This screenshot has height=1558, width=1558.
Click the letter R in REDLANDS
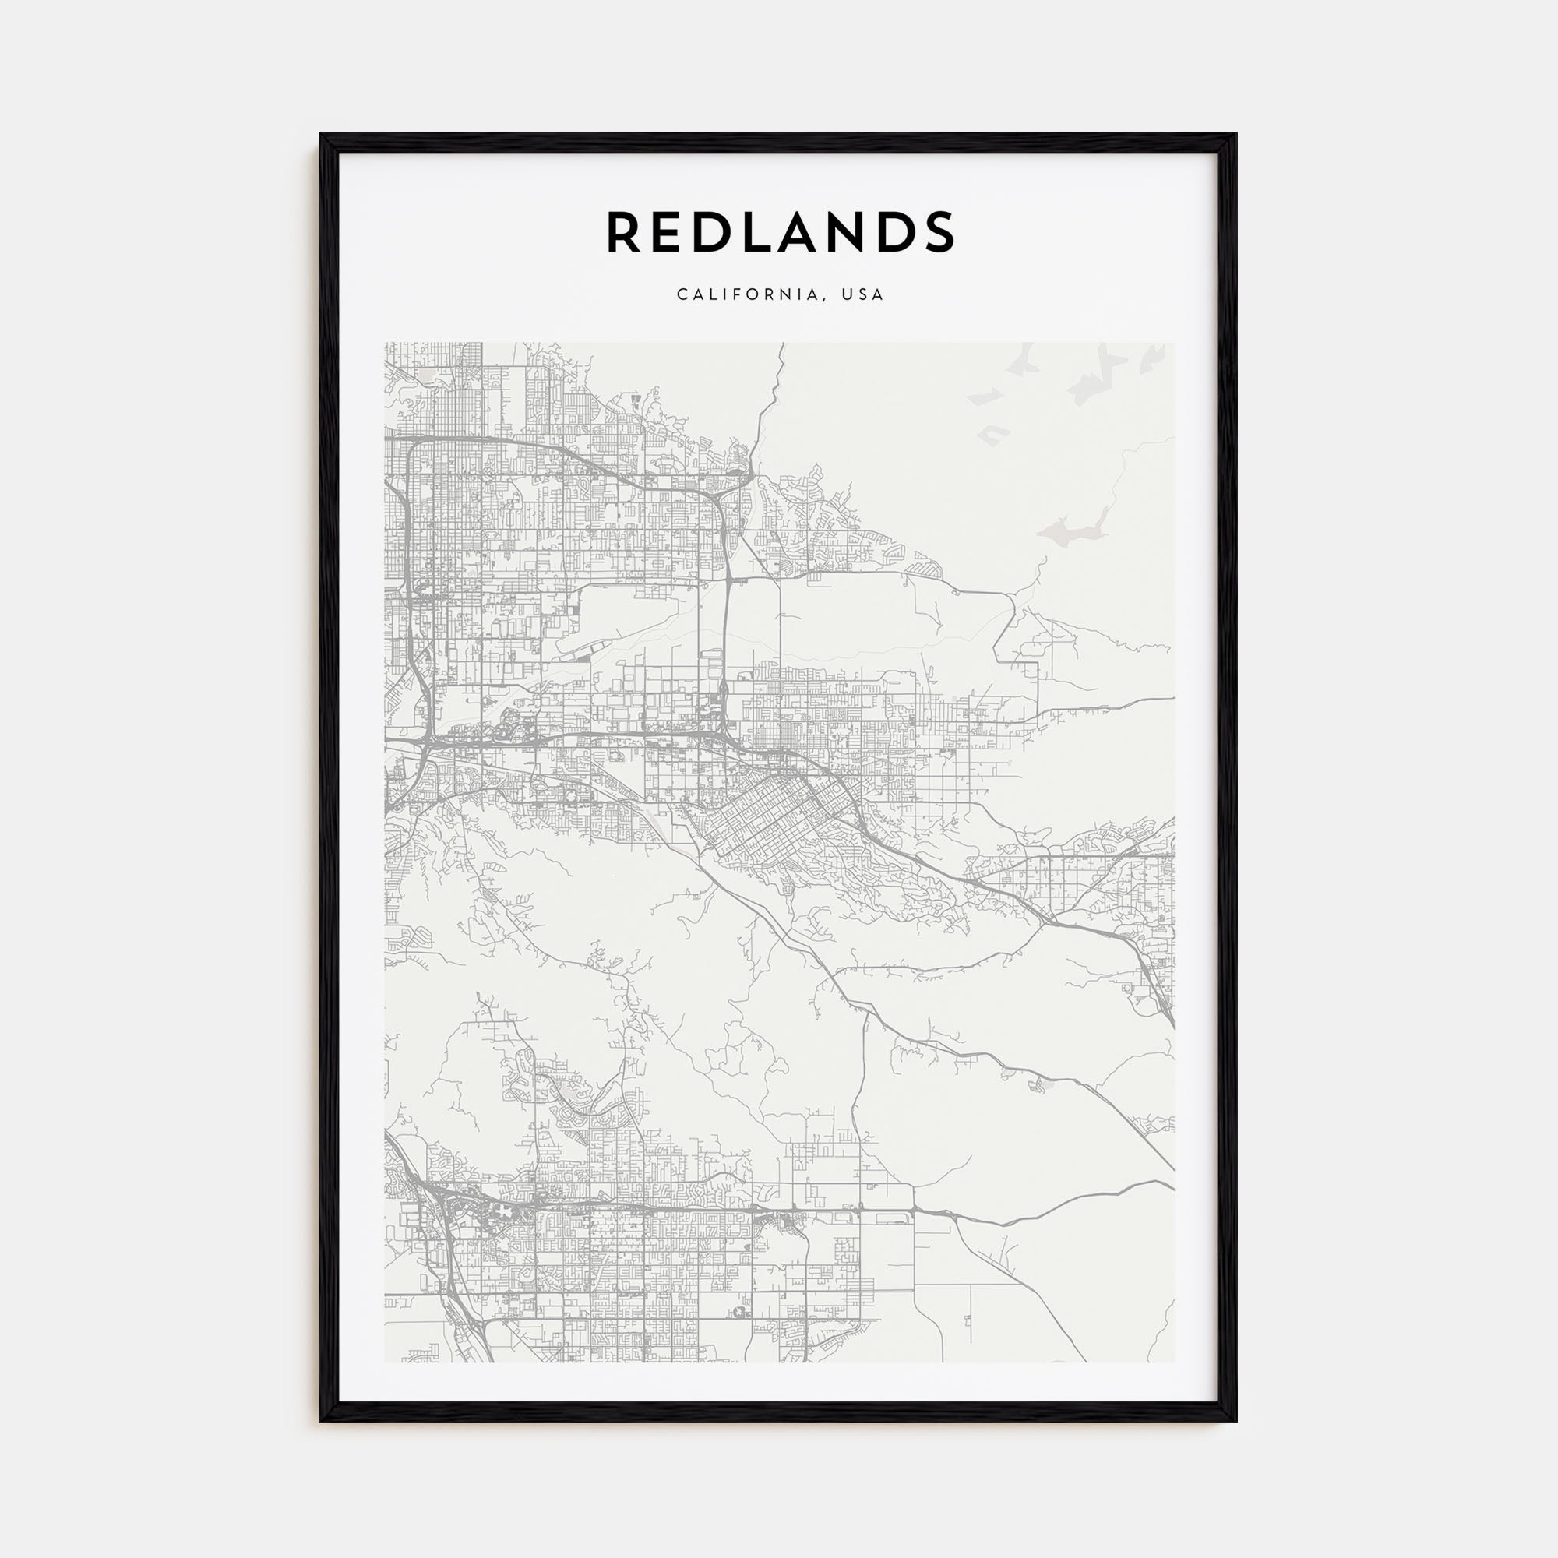pyautogui.click(x=624, y=232)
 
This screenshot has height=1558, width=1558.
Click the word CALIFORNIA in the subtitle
pyautogui.click(x=749, y=294)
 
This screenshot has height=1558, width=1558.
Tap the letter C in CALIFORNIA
pyautogui.click(x=682, y=294)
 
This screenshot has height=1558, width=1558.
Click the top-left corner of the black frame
pyautogui.click(x=321, y=135)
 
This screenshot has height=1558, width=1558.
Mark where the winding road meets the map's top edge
pyautogui.click(x=781, y=344)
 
